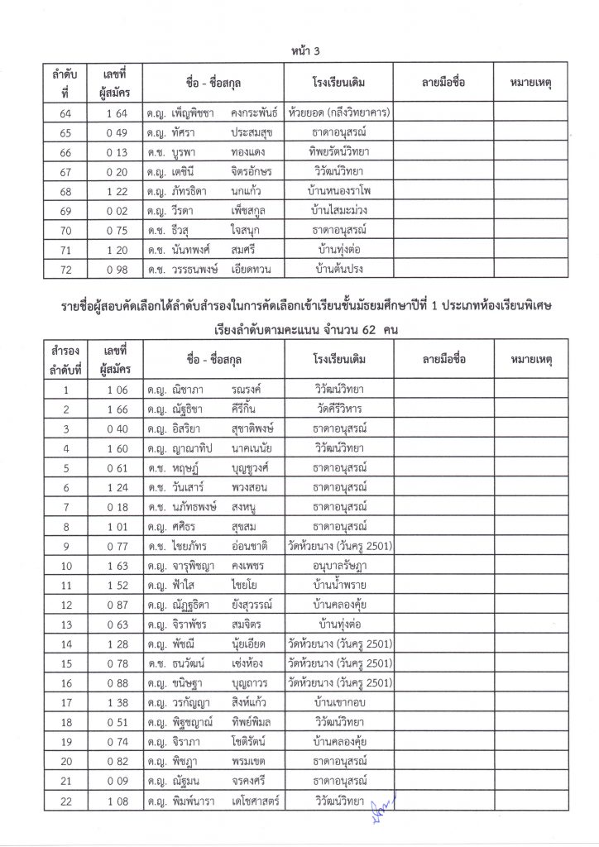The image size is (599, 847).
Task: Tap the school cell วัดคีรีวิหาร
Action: point(340,408)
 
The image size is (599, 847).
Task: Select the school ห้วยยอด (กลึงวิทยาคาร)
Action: point(340,112)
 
